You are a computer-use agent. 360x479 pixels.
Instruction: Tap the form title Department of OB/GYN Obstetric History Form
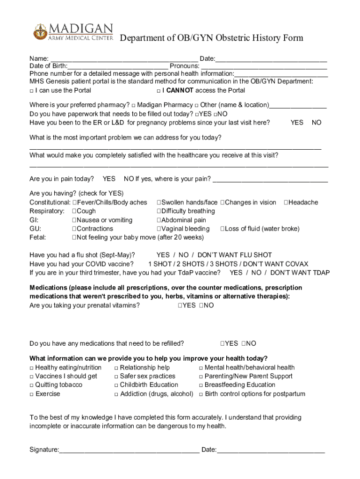pos(212,38)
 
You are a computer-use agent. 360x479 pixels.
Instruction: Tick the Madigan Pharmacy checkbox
pos(134,105)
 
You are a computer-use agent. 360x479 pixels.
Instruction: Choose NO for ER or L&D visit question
pos(317,123)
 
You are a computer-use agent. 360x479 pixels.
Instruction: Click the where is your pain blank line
pos(270,180)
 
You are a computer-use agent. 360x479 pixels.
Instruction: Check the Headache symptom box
pos(286,203)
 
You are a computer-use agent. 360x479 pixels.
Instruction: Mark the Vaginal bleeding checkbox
pos(159,229)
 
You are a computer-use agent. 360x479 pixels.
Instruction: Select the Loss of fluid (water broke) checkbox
pos(223,229)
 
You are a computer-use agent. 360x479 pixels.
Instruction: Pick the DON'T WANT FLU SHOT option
pos(235,255)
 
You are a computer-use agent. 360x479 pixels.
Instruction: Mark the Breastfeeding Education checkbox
pos(201,385)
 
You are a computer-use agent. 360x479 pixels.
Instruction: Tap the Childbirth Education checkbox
pos(116,385)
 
